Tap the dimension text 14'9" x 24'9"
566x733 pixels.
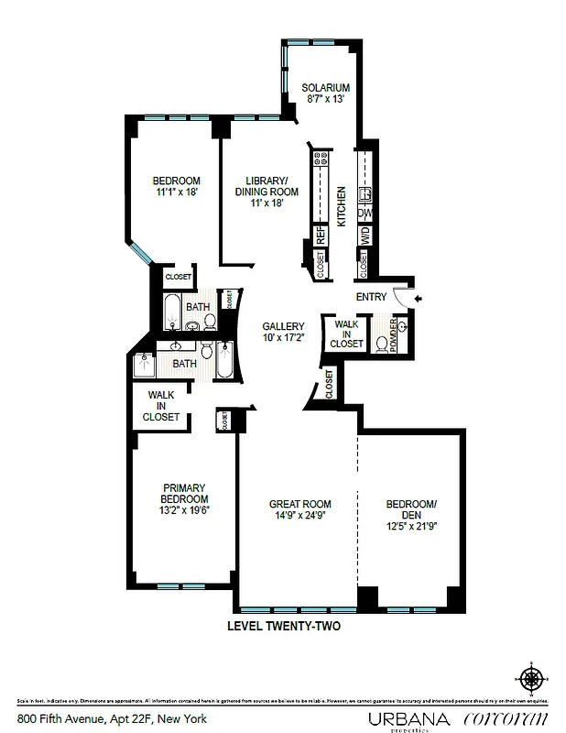click(x=299, y=516)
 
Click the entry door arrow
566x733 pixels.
click(x=418, y=299)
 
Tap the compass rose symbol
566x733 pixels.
click(x=529, y=679)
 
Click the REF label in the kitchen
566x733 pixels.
click(x=321, y=235)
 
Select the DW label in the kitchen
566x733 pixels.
click(x=365, y=213)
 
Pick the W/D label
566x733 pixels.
click(x=365, y=235)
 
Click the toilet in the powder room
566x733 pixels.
click(x=383, y=344)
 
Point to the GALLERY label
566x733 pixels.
click(x=283, y=326)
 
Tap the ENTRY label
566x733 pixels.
click(x=371, y=297)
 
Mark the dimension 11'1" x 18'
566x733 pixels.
click(x=176, y=192)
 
